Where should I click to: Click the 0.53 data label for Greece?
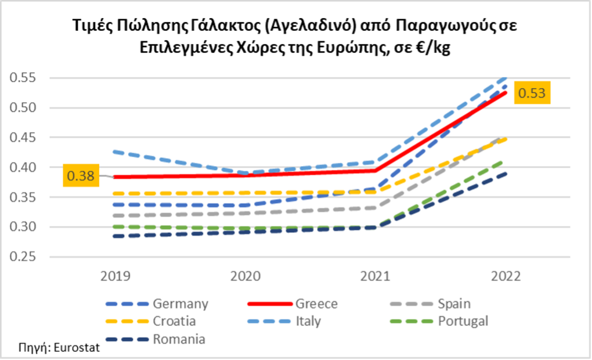(x=533, y=93)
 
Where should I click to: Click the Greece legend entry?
(x=316, y=304)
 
